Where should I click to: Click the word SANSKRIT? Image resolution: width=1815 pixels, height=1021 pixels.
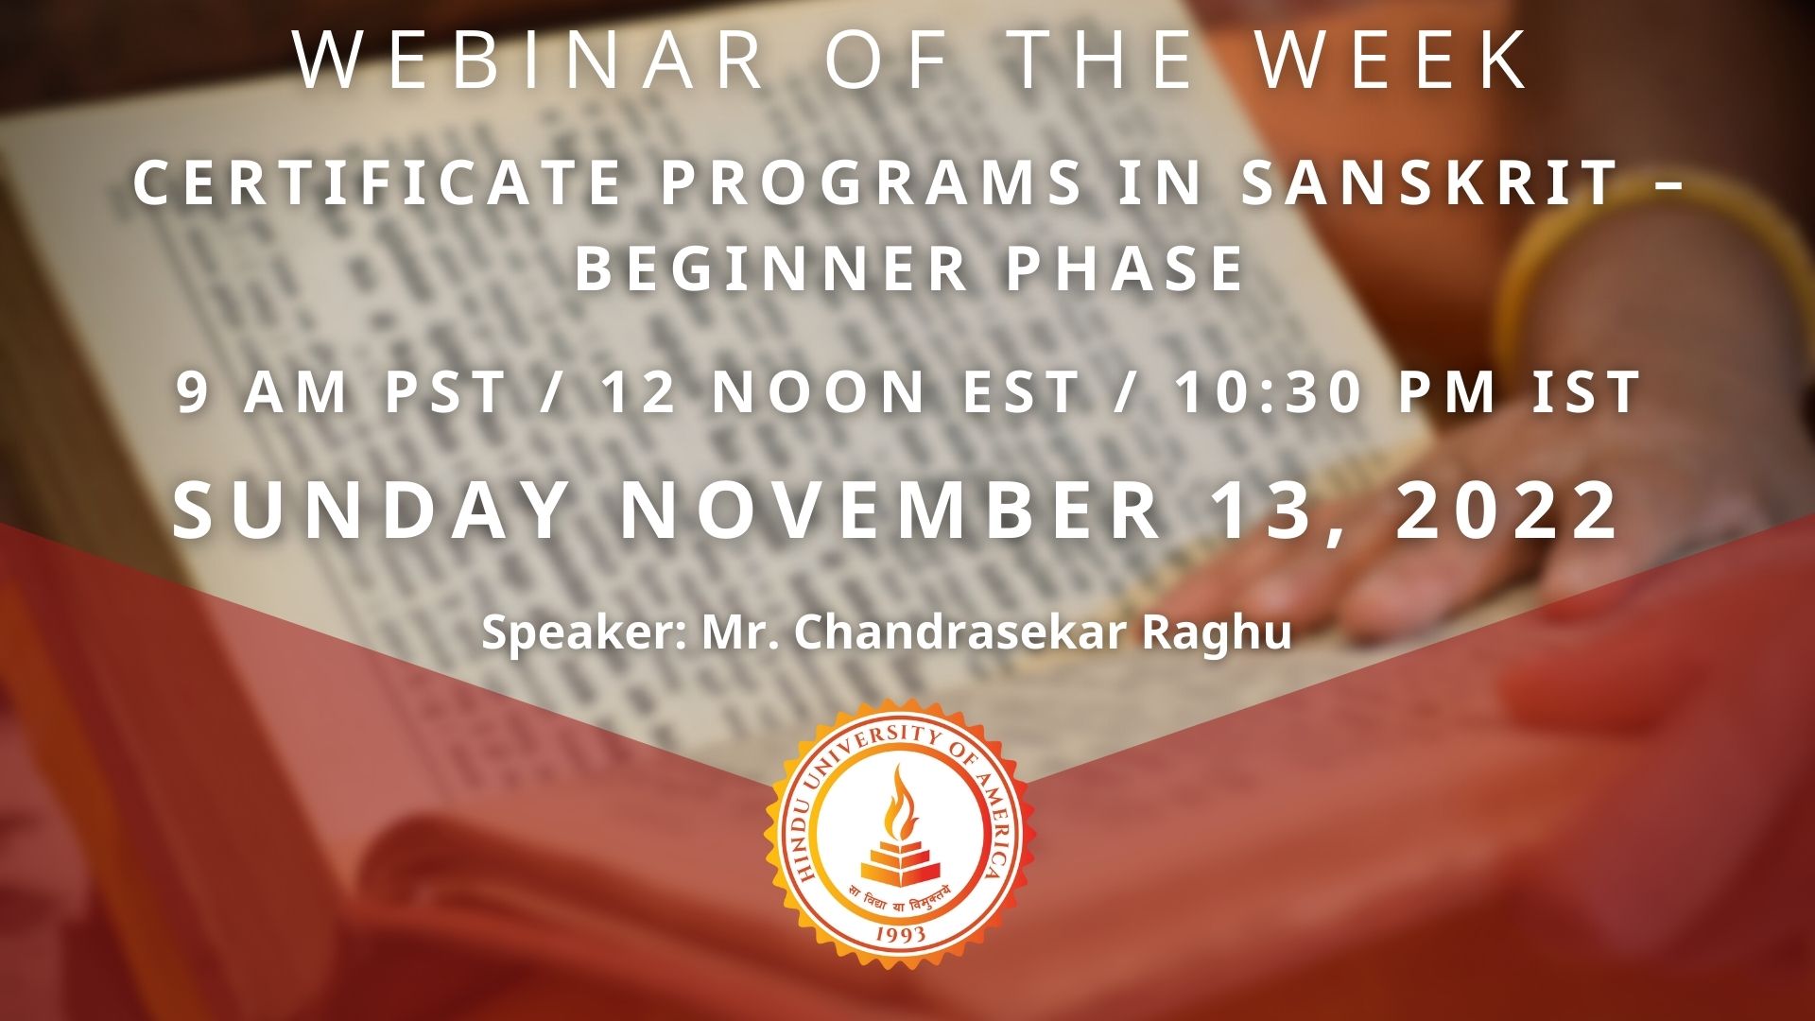click(1429, 182)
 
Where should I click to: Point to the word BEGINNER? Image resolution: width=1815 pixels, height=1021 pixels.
click(770, 268)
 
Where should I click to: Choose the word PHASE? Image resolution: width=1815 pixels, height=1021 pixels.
click(1125, 268)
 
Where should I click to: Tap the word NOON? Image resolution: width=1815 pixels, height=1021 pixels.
click(819, 392)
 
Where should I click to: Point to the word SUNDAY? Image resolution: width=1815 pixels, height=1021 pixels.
click(371, 510)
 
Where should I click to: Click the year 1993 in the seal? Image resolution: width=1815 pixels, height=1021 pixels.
click(900, 935)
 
